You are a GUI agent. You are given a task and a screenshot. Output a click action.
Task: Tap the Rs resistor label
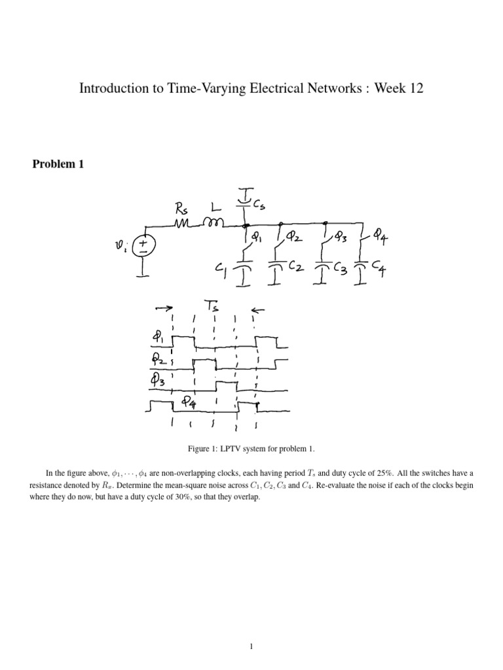(x=181, y=209)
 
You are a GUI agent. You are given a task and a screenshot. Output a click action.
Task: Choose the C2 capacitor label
(x=296, y=268)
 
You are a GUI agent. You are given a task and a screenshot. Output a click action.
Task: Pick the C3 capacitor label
(x=341, y=269)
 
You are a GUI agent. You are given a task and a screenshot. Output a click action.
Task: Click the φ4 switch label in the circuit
(x=380, y=235)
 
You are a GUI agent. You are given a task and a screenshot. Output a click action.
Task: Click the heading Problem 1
(x=58, y=164)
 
